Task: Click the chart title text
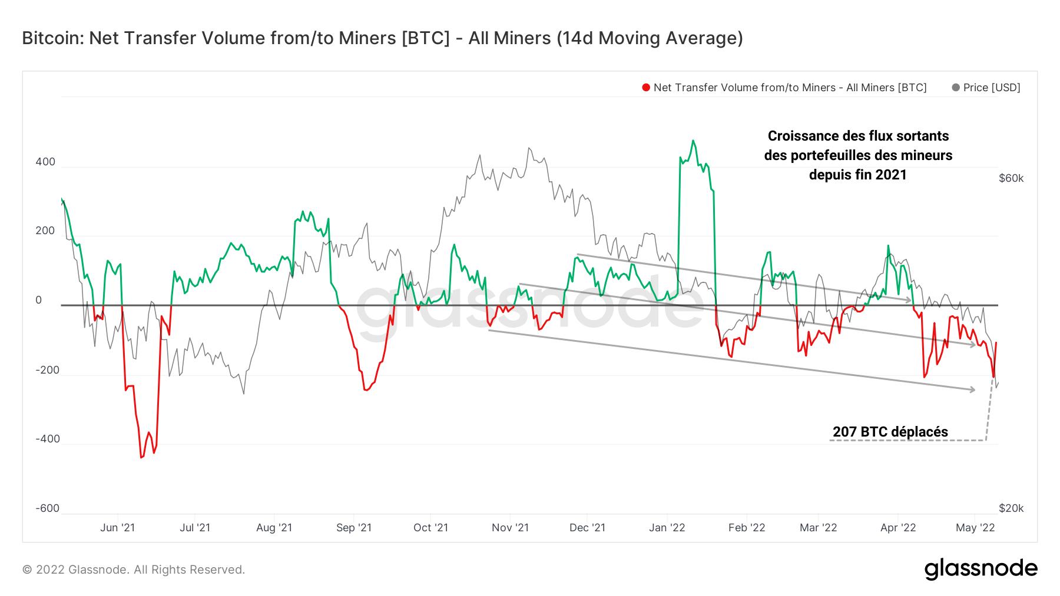(x=382, y=38)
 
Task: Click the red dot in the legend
(x=646, y=88)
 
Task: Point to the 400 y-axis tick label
(x=45, y=162)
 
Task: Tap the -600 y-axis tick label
(x=47, y=508)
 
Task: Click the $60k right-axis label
(x=1011, y=178)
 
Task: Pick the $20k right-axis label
(x=1011, y=508)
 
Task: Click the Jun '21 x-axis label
(x=117, y=528)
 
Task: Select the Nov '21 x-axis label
(x=510, y=528)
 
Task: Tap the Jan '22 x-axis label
(x=667, y=528)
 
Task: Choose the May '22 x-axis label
(x=975, y=528)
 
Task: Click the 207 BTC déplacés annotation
(x=890, y=432)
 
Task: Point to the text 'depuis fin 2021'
(x=857, y=175)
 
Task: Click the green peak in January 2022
(x=693, y=141)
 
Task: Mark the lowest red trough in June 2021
(x=141, y=457)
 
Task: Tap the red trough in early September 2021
(x=366, y=389)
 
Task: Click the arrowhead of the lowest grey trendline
(x=972, y=389)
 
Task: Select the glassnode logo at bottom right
(x=980, y=569)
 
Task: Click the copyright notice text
(x=134, y=570)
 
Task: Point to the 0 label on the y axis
(x=39, y=300)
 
